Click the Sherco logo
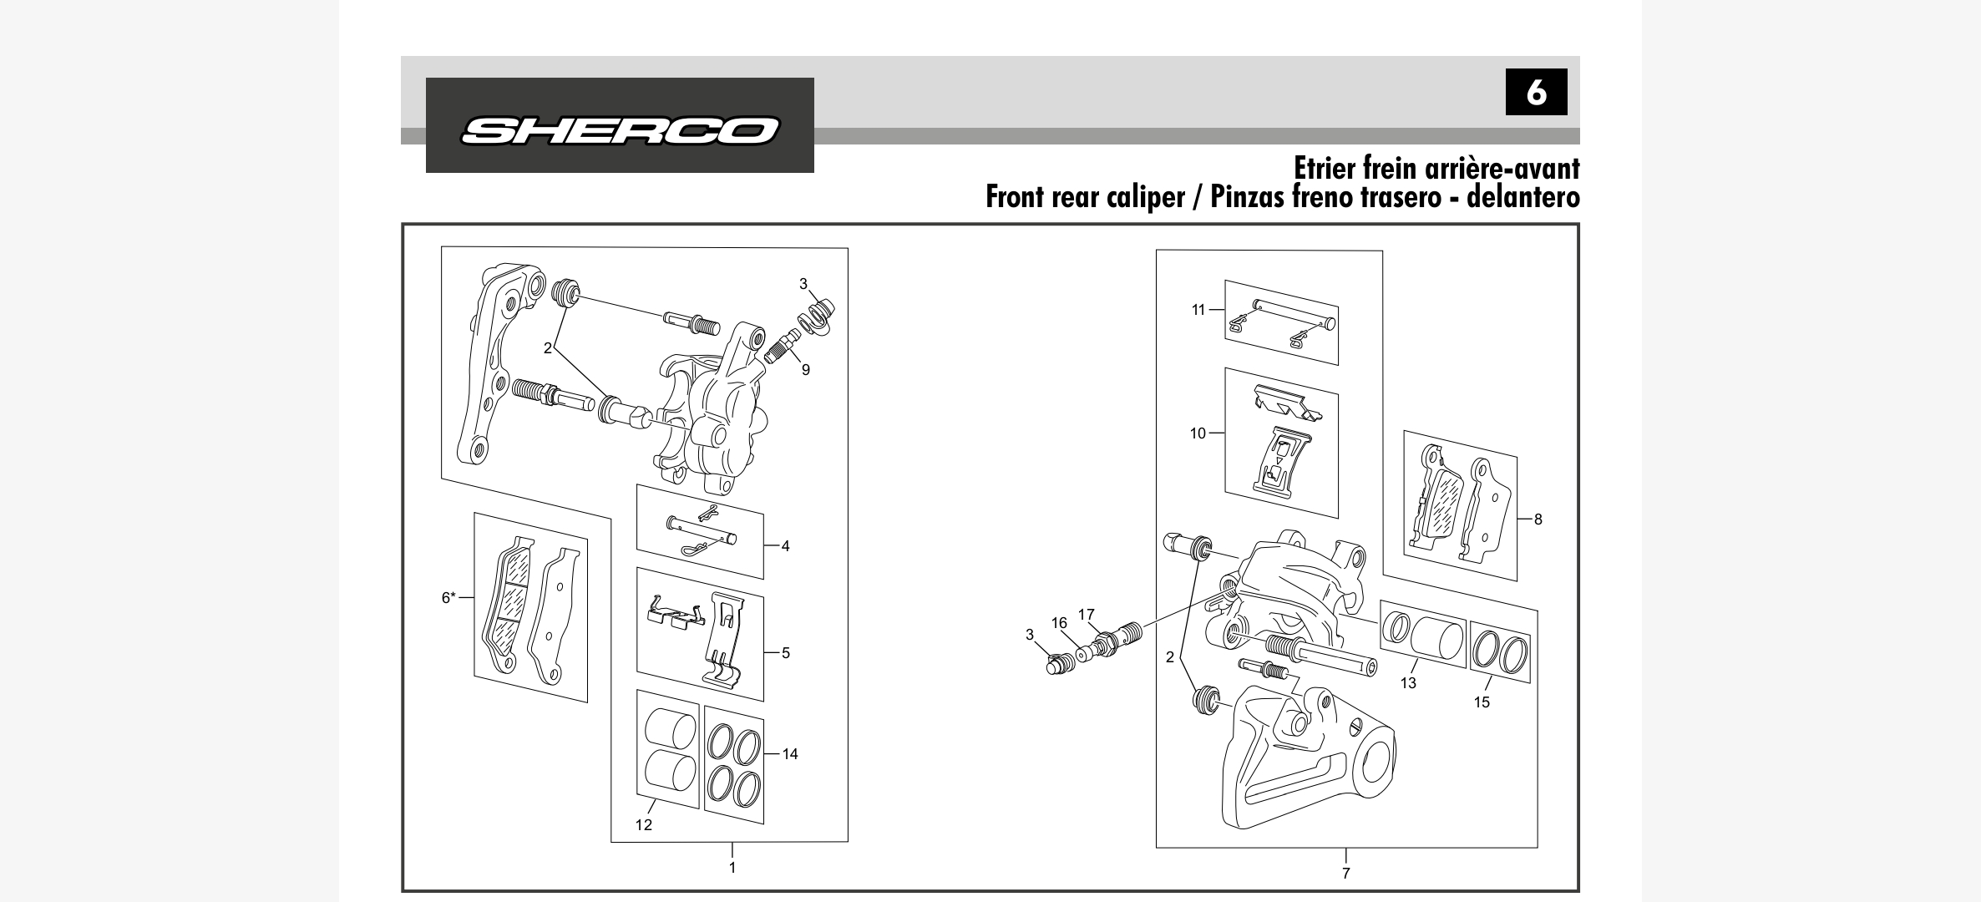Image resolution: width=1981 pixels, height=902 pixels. point(620,131)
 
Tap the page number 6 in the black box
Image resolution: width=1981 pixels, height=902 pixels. point(1536,93)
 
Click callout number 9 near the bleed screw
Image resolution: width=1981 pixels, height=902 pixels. point(805,370)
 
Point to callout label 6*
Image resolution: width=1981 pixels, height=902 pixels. point(449,598)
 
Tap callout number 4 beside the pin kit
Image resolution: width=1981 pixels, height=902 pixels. point(785,546)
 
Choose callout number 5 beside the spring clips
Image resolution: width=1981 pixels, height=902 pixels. point(785,653)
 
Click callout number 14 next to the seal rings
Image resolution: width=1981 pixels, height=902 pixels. point(790,754)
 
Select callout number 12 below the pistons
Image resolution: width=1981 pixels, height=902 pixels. point(643,825)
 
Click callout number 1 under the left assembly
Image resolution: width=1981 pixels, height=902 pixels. point(732,868)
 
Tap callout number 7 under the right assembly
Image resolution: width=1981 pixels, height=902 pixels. point(1345,874)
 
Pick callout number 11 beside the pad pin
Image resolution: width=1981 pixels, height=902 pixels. point(1198,310)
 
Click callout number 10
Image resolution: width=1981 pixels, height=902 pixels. point(1198,433)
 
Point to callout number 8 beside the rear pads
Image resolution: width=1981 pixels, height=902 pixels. point(1538,519)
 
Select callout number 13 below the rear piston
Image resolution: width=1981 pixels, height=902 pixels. point(1408,683)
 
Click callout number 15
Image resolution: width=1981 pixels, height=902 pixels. point(1482,702)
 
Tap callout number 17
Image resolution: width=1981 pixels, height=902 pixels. point(1086,615)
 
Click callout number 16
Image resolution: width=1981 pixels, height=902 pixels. point(1059,623)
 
